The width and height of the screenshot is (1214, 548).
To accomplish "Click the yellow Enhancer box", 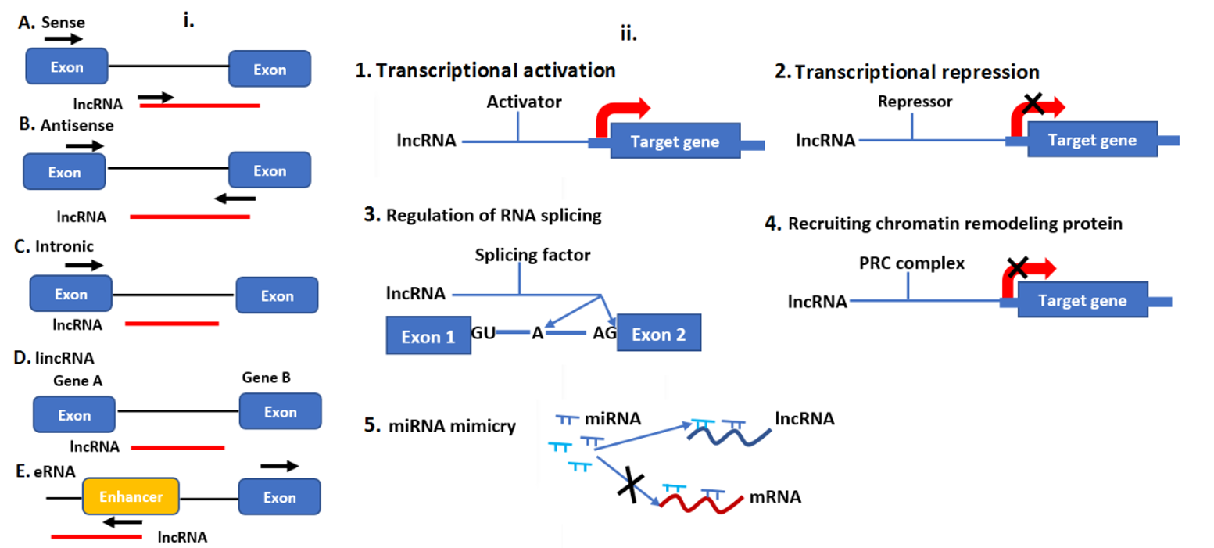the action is coord(131,496).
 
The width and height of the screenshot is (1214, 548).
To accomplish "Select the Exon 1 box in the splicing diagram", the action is coord(428,335).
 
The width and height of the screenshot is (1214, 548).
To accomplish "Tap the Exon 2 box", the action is coord(659,333).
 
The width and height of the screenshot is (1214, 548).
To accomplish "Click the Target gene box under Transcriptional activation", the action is coord(675,141).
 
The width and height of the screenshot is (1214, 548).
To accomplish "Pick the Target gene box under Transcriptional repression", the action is coord(1093,139).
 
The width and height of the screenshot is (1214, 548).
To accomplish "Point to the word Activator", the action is coord(524,102).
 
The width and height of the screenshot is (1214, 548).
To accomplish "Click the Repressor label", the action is coord(915,102).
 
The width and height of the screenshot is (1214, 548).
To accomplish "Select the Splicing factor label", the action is coord(533,255).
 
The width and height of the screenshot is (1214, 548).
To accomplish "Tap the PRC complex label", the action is coord(911,263).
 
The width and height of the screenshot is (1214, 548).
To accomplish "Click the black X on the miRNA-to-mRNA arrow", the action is coord(631,484).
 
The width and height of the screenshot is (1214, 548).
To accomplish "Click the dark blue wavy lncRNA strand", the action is coord(729,435).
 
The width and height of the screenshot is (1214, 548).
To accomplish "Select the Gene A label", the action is coord(78,381).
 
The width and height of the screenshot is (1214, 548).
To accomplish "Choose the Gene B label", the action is coord(266,378).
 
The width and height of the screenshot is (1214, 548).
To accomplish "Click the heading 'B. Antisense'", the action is coord(66,124).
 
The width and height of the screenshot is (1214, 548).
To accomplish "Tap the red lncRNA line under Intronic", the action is coord(172,324).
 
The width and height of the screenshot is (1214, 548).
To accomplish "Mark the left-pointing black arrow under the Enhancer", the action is coord(123,522).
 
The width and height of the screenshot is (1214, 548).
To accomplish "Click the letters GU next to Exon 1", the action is coord(483,332).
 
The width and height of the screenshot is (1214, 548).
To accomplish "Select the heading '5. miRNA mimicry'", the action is coord(439,425).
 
